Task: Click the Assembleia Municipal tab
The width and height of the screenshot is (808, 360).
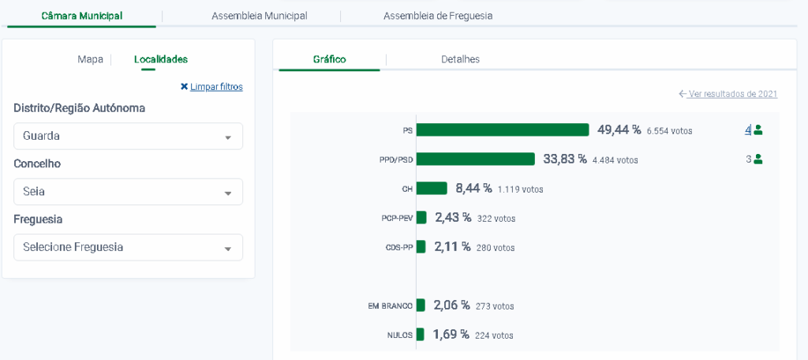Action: pos(259,16)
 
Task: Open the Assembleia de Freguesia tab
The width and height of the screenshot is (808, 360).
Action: pos(438,16)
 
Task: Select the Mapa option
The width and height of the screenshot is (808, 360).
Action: pos(90,59)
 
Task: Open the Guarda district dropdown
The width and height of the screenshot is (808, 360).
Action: pos(128,136)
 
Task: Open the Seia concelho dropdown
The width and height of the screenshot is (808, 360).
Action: pos(128,192)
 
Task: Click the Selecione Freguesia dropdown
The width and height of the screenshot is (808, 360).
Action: pos(128,247)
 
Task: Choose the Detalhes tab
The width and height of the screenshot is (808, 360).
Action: pos(460,59)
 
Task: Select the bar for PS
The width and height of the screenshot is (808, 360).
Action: pos(503,130)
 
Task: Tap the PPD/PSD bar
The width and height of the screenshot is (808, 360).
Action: pos(476,159)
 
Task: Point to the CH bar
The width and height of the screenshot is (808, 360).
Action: pos(432,189)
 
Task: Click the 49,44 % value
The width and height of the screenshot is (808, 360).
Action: pos(619,129)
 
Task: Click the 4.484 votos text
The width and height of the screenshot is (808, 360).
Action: pos(615,160)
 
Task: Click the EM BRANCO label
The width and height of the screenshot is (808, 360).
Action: pos(391,306)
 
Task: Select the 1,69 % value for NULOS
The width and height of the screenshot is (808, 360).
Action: pos(451,334)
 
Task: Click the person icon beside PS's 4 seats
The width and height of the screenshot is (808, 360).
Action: pos(758,129)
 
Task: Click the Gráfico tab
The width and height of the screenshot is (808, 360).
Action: pos(329,59)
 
